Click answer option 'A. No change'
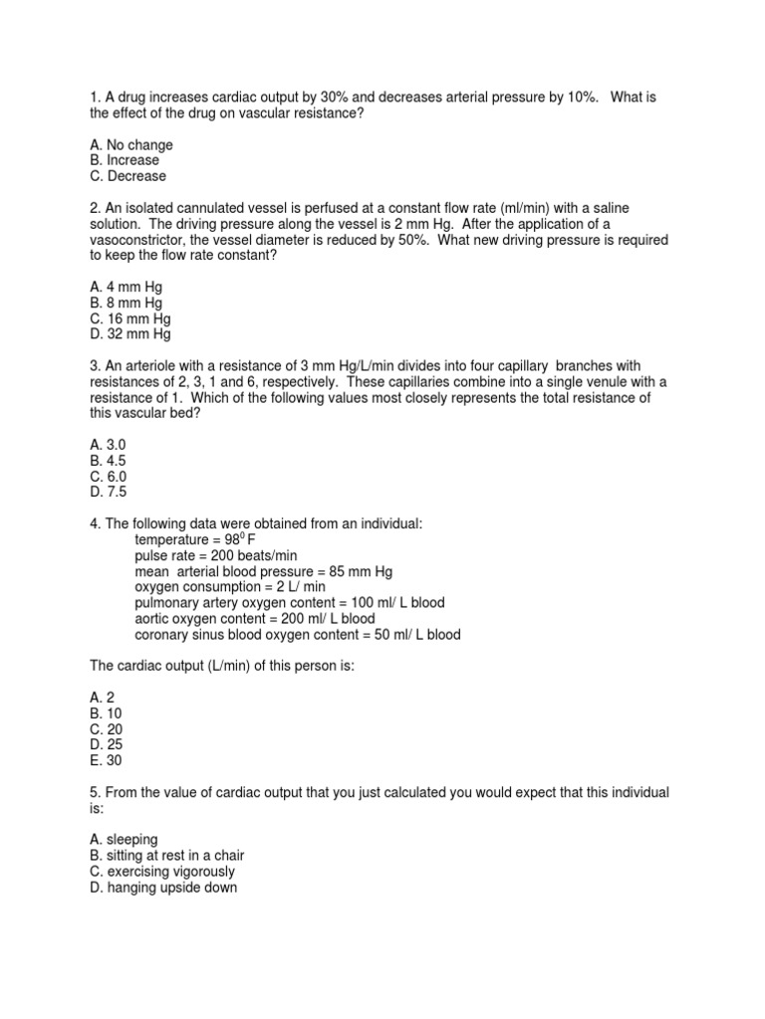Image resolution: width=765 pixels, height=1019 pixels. [x=130, y=145]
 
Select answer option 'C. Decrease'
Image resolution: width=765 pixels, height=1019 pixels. [x=127, y=176]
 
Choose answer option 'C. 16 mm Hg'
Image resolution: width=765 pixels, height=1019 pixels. [x=129, y=318]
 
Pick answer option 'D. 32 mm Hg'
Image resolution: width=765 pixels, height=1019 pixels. [x=129, y=334]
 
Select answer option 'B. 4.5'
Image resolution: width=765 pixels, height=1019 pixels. [x=108, y=461]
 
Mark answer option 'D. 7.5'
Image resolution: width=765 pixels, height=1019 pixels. [x=108, y=492]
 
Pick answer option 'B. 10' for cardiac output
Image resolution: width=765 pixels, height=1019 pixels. [x=105, y=713]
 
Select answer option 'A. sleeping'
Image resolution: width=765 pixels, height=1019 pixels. [x=124, y=840]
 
